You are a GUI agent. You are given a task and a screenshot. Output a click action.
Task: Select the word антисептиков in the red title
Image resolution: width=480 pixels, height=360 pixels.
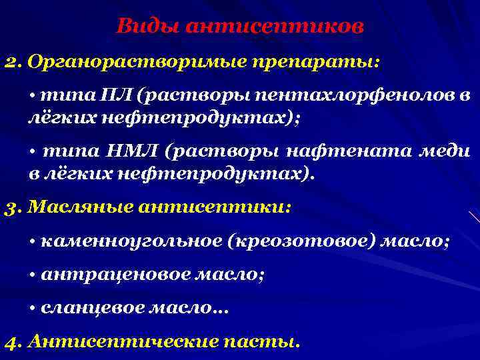pyautogui.click(x=275, y=27)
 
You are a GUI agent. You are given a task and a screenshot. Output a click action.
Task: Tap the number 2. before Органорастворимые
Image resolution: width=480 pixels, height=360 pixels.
pyautogui.click(x=13, y=62)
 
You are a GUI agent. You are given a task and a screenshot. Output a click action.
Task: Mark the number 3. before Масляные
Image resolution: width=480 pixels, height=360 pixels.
pyautogui.click(x=13, y=207)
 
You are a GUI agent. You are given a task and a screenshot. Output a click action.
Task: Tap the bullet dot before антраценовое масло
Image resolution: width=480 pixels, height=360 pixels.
pyautogui.click(x=32, y=275)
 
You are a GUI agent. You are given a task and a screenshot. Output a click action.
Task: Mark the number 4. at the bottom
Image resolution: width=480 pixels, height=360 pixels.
pyautogui.click(x=13, y=343)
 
